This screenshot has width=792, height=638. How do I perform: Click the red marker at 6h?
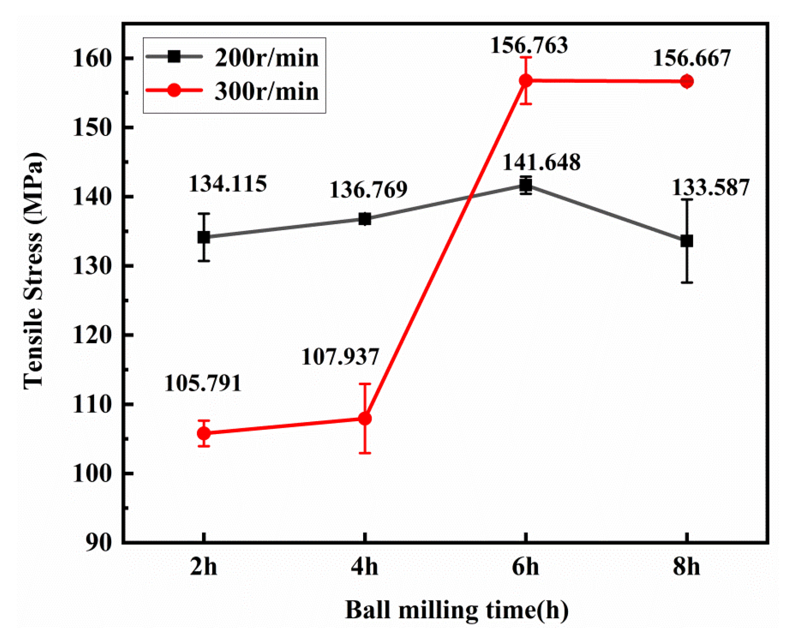pos(526,81)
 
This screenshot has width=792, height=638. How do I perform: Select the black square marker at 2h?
pos(204,237)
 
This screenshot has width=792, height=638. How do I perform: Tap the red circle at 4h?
pos(365,418)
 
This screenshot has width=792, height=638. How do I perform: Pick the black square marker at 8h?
pos(687,241)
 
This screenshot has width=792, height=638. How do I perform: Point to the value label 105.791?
pos(203,383)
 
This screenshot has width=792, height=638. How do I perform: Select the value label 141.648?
pos(541,162)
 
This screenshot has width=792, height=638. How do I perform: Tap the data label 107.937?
pos(340,357)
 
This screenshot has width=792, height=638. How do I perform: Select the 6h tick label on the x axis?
pos(525,566)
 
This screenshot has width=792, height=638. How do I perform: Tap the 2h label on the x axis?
pos(203,566)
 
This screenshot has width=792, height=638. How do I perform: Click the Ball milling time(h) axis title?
pos(457,610)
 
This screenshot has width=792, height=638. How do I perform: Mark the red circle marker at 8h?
pos(687,81)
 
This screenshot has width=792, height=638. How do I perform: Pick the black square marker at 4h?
pos(365,219)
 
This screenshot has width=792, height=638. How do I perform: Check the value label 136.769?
pos(368,190)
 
